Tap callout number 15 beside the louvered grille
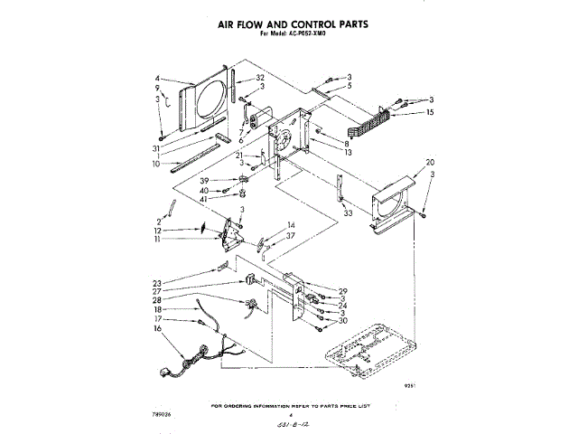click(x=431, y=112)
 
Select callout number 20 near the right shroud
click(x=430, y=163)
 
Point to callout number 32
click(x=260, y=78)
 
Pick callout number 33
click(x=348, y=213)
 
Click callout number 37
click(x=291, y=236)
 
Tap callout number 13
click(x=348, y=154)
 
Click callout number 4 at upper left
click(x=157, y=78)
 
